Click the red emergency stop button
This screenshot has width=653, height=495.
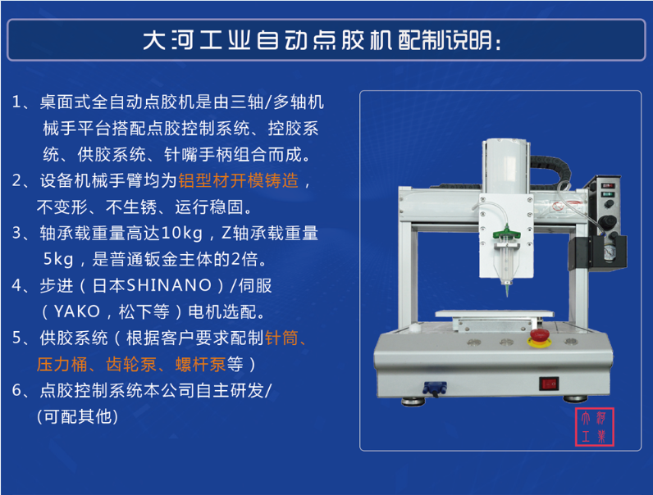pyautogui.click(x=539, y=338)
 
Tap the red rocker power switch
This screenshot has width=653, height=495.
pyautogui.click(x=549, y=383)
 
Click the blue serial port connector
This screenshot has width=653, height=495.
pyautogui.click(x=434, y=388)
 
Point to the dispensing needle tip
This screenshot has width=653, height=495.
pyautogui.click(x=507, y=295)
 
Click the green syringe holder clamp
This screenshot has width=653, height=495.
pyautogui.click(x=506, y=233)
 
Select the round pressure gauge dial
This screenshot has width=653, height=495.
pyautogui.click(x=610, y=252)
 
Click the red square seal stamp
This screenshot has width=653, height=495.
pyautogui.click(x=594, y=427)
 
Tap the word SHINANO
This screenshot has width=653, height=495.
pyautogui.click(x=169, y=285)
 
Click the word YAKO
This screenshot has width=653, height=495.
pyautogui.click(x=77, y=311)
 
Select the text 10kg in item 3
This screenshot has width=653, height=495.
pyautogui.click(x=181, y=234)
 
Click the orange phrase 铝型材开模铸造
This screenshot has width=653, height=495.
pyautogui.click(x=238, y=181)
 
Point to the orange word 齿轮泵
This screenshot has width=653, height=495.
pyautogui.click(x=130, y=365)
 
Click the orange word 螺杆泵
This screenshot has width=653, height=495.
pyautogui.click(x=201, y=365)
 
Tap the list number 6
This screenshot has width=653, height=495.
pyautogui.click(x=16, y=390)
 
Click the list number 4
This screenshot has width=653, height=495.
pyautogui.click(x=16, y=286)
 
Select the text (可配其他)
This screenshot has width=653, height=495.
pyautogui.click(x=77, y=416)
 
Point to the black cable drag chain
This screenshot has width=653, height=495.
pyautogui.click(x=550, y=170)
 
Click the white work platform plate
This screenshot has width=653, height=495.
pyautogui.click(x=495, y=314)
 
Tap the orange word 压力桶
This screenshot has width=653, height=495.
pyautogui.click(x=62, y=365)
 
